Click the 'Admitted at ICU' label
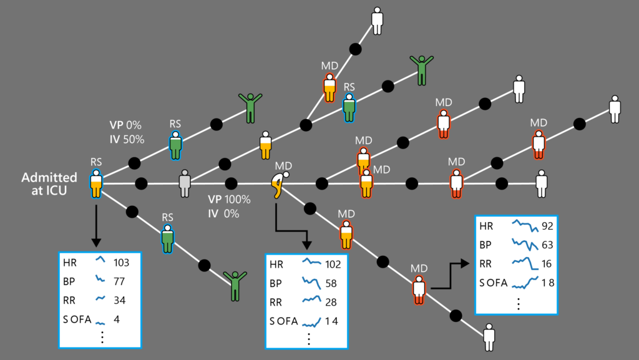(49, 183)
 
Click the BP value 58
(331, 283)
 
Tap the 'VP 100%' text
(229, 200)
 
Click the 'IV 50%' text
(127, 139)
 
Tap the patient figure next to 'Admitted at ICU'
(96, 183)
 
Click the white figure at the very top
(378, 21)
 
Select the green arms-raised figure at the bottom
(235, 285)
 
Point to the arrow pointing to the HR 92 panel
(450, 275)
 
